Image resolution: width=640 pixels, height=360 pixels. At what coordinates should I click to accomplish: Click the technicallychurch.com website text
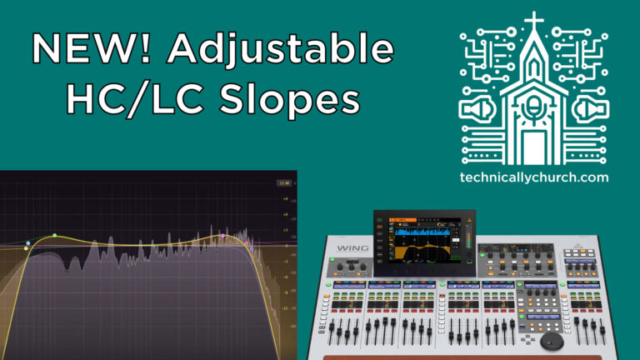pyautogui.click(x=533, y=177)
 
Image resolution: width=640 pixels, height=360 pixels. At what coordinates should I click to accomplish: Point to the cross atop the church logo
pyautogui.click(x=534, y=22)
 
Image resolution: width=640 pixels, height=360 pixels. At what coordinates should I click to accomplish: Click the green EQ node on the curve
pyautogui.click(x=55, y=235)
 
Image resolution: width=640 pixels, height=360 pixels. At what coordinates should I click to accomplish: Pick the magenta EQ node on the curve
pyautogui.click(x=222, y=237)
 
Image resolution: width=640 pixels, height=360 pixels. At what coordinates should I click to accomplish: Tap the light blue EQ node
pyautogui.click(x=27, y=243)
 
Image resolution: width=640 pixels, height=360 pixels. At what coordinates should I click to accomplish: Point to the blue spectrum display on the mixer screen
pyautogui.click(x=425, y=232)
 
